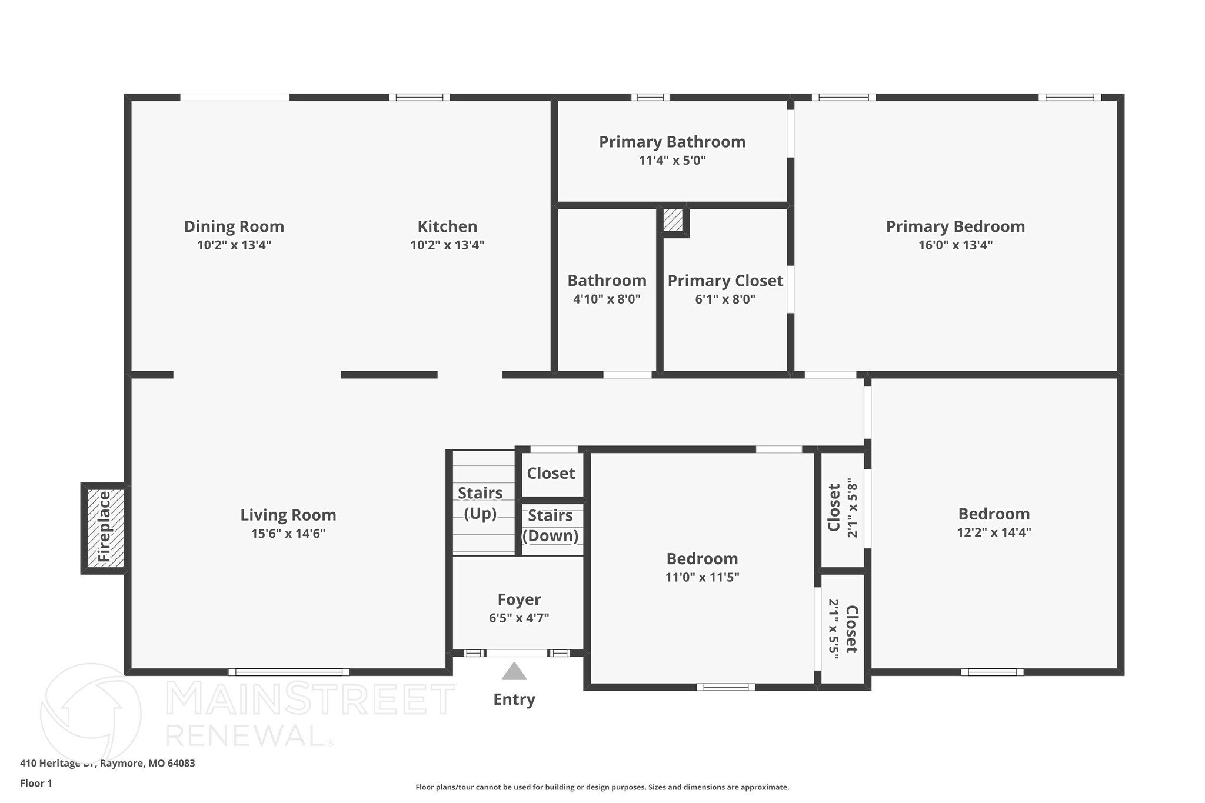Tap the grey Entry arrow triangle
coord(514,672)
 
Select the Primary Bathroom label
coord(672,142)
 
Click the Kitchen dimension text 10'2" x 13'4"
coord(447,245)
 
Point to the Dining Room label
coord(234,226)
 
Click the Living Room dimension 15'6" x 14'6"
coord(288,534)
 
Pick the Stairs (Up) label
coord(480,503)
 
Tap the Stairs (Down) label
coord(550,525)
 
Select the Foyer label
coord(518,599)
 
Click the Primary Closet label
coord(725,281)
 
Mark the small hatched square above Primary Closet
coord(673,220)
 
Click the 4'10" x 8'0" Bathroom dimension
coord(607,299)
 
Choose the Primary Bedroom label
coord(955,226)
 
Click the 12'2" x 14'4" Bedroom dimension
coord(994,532)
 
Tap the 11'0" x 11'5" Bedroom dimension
coord(702,577)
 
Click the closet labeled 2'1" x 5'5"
coord(843,628)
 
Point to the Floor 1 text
coord(36,783)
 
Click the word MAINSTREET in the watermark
coord(310,699)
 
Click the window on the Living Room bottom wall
coord(288,672)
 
